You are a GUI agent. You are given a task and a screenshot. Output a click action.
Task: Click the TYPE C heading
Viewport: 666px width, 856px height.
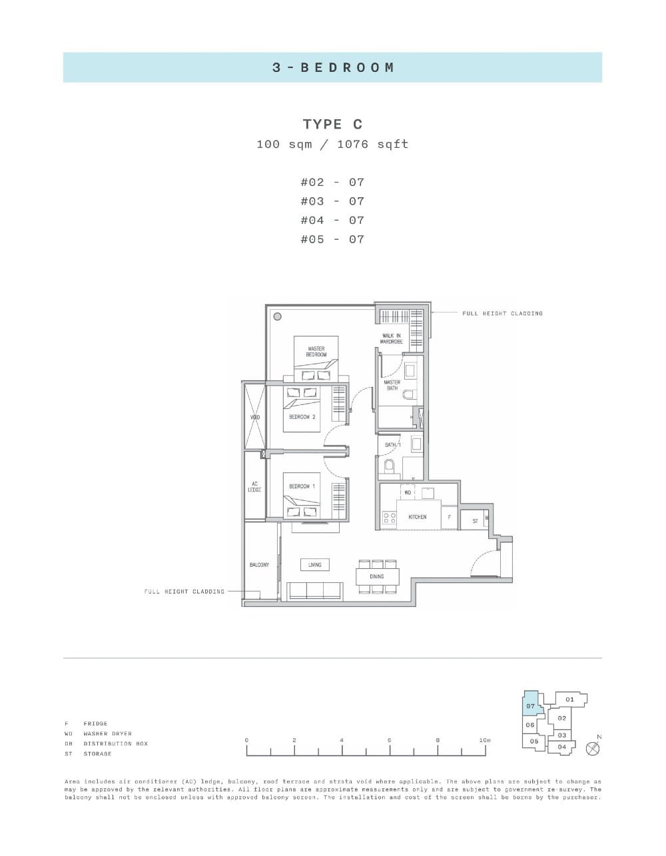pyautogui.click(x=332, y=125)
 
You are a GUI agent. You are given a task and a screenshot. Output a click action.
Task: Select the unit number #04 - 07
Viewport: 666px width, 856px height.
pyautogui.click(x=332, y=220)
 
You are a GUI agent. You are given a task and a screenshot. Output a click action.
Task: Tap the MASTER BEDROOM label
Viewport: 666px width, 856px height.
pyautogui.click(x=316, y=352)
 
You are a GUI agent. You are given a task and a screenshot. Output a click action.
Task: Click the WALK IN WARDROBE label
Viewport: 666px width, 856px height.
pyautogui.click(x=392, y=339)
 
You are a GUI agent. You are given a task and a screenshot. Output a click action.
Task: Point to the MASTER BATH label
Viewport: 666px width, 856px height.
pyautogui.click(x=392, y=385)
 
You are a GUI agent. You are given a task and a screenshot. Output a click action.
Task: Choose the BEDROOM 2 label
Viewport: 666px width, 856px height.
pyautogui.click(x=302, y=417)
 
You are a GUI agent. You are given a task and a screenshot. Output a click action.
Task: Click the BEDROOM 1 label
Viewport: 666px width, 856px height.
pyautogui.click(x=302, y=486)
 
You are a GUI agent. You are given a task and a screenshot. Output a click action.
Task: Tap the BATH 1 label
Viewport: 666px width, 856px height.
pyautogui.click(x=392, y=444)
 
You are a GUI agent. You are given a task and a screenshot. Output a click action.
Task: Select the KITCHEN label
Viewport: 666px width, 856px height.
pyautogui.click(x=417, y=517)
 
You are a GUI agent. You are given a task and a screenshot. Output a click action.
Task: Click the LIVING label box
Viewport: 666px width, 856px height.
pyautogui.click(x=314, y=565)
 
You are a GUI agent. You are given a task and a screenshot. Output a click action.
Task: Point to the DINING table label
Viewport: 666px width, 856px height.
pyautogui.click(x=377, y=576)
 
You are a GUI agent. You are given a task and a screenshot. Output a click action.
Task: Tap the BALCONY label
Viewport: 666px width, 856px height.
pyautogui.click(x=259, y=565)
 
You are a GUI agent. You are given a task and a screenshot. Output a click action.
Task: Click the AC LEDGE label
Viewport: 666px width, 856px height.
pyautogui.click(x=254, y=487)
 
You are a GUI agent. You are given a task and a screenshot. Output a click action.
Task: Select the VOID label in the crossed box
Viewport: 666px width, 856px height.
pyautogui.click(x=254, y=418)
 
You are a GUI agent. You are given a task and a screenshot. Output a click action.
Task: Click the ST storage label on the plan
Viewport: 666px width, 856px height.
pyautogui.click(x=475, y=521)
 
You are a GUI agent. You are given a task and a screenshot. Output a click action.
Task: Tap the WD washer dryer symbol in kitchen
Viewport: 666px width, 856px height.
pyautogui.click(x=408, y=493)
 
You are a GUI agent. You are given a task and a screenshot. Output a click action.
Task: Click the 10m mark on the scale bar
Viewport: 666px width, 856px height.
pyautogui.click(x=485, y=741)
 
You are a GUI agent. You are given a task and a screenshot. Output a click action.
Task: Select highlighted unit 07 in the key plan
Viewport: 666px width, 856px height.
pyautogui.click(x=531, y=705)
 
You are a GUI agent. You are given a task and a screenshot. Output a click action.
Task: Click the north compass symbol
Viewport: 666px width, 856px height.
pyautogui.click(x=593, y=748)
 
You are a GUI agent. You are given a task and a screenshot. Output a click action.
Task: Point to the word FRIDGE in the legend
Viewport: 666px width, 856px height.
pyautogui.click(x=95, y=723)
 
